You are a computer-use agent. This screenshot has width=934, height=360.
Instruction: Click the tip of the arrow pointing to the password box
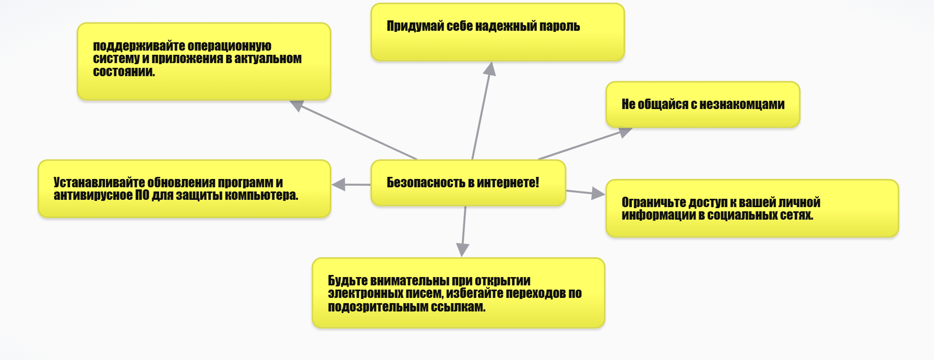click(491, 62)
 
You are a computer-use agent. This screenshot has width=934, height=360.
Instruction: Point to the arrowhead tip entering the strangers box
click(632, 128)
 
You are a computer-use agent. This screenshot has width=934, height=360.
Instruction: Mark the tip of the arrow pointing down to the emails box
click(462, 257)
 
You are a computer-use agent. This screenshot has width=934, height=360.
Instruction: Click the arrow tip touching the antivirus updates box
click(332, 185)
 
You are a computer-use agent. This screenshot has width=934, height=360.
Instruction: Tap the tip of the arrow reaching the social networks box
click(605, 195)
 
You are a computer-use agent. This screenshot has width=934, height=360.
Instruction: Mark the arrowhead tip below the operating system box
click(290, 101)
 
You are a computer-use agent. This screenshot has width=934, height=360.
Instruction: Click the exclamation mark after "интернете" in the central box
click(537, 182)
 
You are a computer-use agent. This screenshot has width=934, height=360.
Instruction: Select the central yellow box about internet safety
click(468, 183)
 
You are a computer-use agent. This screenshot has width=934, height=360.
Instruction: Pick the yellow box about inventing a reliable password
click(497, 32)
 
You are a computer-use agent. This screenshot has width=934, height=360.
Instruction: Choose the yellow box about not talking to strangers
click(702, 104)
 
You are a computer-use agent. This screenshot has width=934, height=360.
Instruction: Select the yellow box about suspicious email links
click(458, 293)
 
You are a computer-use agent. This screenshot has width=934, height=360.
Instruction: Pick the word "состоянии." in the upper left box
click(124, 71)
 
